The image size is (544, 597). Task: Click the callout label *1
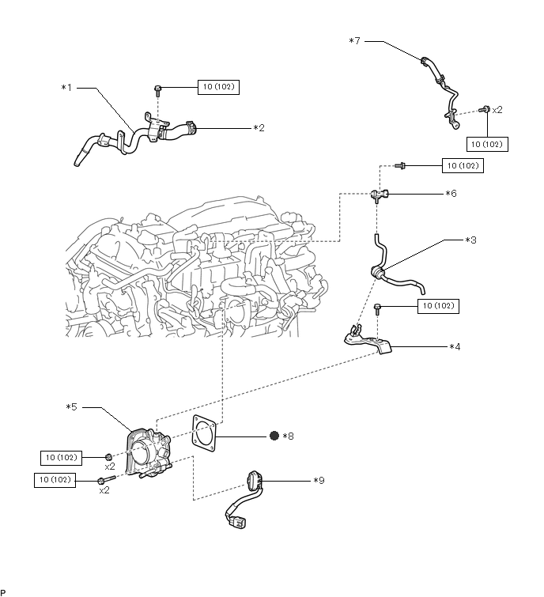[x=66, y=88]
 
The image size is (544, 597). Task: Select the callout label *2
[x=259, y=128]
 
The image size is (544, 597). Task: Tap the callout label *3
[x=471, y=240]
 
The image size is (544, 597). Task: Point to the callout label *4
[x=455, y=347]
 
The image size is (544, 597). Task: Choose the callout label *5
[x=72, y=407]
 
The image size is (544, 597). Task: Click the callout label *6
[x=451, y=194]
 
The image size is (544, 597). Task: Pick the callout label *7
[x=354, y=41]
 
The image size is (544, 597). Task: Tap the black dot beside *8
[x=274, y=436]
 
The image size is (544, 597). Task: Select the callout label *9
[x=319, y=481]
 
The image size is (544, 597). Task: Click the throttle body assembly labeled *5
[x=149, y=453]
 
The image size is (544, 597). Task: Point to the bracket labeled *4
[x=368, y=339]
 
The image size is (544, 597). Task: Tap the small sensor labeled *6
[x=380, y=195]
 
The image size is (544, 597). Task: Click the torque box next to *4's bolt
[x=438, y=306]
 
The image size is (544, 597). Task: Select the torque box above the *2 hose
[x=218, y=87]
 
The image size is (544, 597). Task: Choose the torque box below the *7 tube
[x=487, y=144]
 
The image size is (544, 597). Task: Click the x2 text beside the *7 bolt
[x=497, y=110]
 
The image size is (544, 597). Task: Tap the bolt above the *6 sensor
[x=400, y=165]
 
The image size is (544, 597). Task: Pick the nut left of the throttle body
[x=108, y=457]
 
